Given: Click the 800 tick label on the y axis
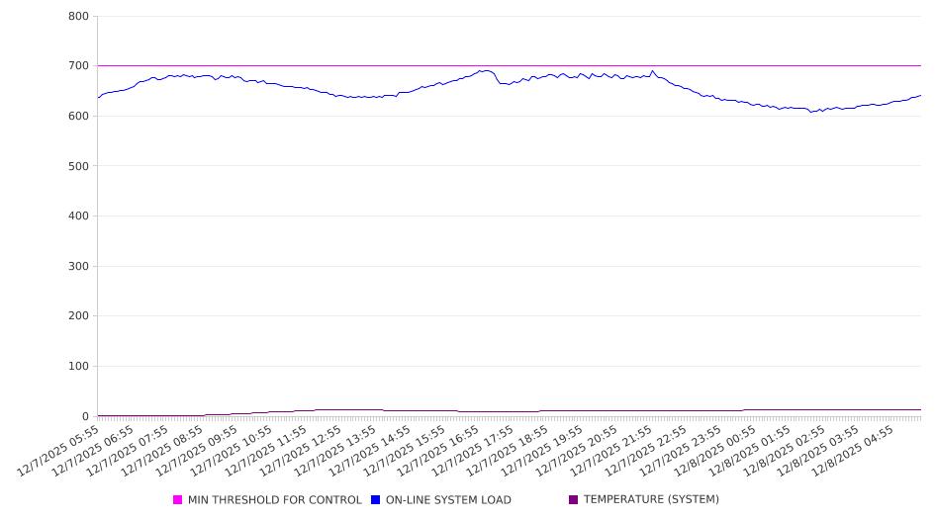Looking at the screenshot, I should click(78, 17).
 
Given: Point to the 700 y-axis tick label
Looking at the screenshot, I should click(78, 66).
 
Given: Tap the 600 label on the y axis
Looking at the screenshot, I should click(78, 117).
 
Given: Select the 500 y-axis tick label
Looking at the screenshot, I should click(78, 166).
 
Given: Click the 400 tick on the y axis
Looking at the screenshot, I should click(78, 217).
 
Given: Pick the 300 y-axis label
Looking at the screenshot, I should click(78, 267).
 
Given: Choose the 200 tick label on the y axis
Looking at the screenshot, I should click(78, 316).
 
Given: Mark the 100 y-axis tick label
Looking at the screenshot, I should click(78, 367).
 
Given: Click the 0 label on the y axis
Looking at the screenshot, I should click(86, 416).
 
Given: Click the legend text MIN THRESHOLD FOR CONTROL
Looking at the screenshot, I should click(274, 500).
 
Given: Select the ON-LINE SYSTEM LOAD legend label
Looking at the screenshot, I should click(448, 500).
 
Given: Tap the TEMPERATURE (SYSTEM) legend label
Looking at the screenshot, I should click(651, 500).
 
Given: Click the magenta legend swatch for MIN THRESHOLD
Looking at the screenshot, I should click(178, 500).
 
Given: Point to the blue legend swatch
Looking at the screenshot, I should click(376, 500).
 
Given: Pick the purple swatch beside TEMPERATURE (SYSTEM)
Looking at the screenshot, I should click(574, 500).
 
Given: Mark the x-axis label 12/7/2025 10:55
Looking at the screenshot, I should click(234, 451).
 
